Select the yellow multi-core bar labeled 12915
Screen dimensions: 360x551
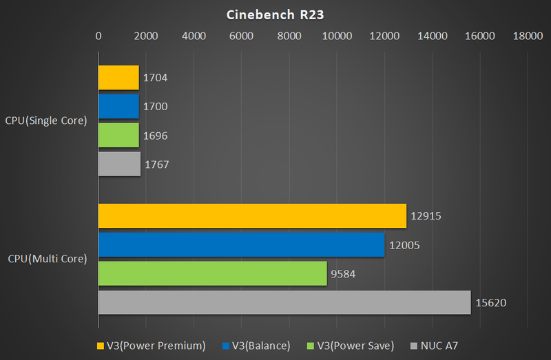(x=252, y=215)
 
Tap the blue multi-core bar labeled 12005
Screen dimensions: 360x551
(x=241, y=244)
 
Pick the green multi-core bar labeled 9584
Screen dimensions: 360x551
(x=212, y=273)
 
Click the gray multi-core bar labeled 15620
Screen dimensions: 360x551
(x=284, y=302)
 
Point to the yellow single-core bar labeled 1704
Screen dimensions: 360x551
(x=118, y=78)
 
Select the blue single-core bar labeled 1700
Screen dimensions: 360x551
(x=118, y=107)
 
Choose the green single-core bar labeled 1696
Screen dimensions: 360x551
(x=118, y=136)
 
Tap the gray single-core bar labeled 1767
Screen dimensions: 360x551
(x=119, y=165)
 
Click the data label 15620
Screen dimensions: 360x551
(x=490, y=302)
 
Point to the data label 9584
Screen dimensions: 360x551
(x=344, y=273)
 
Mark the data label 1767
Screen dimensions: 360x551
(x=156, y=165)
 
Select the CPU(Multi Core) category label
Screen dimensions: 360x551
(x=48, y=259)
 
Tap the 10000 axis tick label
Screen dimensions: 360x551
(x=337, y=36)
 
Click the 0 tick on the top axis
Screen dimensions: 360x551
(x=98, y=36)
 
